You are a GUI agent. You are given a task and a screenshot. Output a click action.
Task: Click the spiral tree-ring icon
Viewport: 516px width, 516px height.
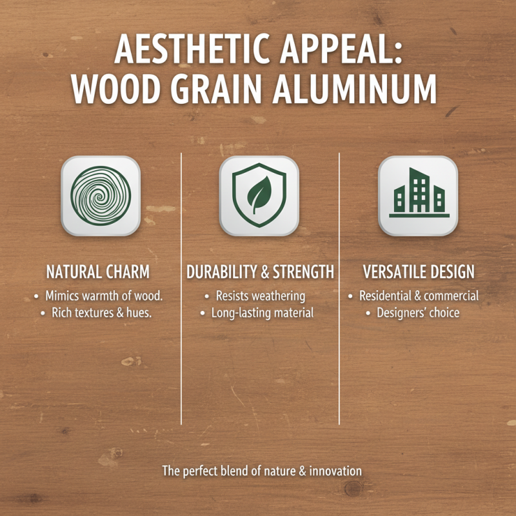pyautogui.click(x=101, y=195)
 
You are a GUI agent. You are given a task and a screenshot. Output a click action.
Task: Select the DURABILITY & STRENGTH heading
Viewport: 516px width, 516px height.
pyautogui.click(x=261, y=272)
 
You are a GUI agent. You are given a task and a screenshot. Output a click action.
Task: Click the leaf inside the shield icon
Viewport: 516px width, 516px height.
pyautogui.click(x=259, y=195)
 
